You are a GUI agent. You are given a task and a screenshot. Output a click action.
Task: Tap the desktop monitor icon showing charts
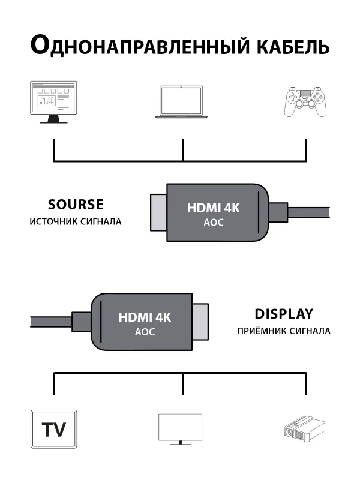pos(53,101)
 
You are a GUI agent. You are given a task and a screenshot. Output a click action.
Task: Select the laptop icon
pos(182,101)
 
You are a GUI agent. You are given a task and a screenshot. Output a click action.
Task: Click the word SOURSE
pos(76,205)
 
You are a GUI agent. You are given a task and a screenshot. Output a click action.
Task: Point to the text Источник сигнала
pos(76,221)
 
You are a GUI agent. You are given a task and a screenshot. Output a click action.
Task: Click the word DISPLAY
pos(284,314)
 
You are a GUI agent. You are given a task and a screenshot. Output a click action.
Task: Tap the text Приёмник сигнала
pos(284,331)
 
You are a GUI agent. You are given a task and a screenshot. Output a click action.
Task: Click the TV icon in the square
pos(54,429)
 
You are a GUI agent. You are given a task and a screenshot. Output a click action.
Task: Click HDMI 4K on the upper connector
pos(214,208)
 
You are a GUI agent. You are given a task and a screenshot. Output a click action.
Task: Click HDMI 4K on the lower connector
pos(145,317)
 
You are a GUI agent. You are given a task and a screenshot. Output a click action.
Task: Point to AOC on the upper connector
pos(214,223)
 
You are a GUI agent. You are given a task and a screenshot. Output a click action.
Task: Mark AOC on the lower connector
pos(145,332)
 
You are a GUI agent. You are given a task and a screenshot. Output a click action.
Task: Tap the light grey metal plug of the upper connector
pos(157,213)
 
